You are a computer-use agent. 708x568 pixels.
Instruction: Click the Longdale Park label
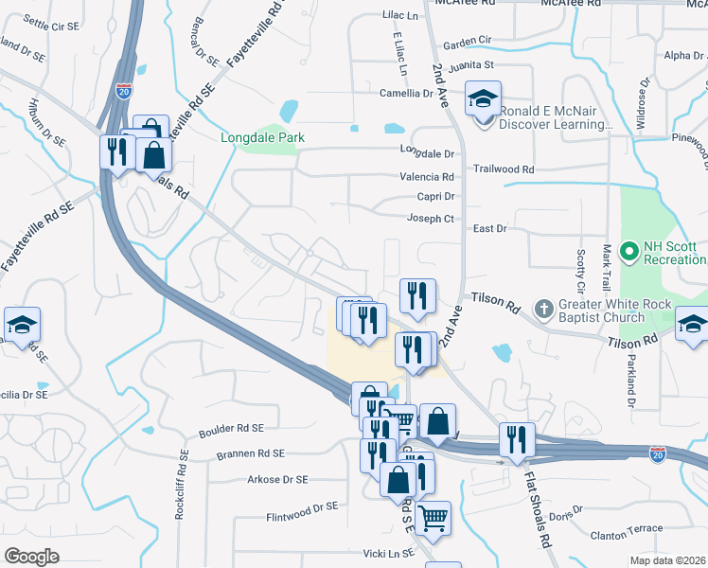262,137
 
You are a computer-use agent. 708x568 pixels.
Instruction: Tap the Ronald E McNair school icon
483,98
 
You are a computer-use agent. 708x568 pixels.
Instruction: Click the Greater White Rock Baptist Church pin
543,309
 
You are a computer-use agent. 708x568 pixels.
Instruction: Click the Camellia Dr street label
406,93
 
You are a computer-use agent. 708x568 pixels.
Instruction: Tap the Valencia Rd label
427,176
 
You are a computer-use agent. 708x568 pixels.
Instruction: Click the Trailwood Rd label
504,169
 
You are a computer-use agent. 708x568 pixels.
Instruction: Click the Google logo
31,557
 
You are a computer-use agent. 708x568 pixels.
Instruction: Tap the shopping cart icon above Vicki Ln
433,517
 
